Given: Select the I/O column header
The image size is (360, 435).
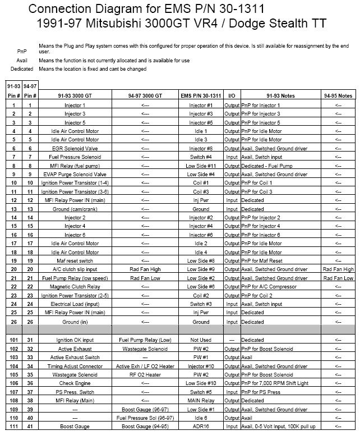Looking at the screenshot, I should click(x=232, y=96).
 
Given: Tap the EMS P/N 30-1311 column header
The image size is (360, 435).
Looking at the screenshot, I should click(x=201, y=96).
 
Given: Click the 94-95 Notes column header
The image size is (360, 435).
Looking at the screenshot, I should click(x=338, y=96).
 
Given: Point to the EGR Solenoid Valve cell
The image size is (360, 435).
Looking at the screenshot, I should click(x=75, y=148).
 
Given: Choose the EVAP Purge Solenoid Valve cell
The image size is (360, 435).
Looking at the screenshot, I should click(x=75, y=175).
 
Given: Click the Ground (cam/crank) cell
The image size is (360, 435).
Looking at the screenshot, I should click(x=75, y=209).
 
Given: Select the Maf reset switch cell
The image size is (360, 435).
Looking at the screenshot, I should click(x=75, y=261).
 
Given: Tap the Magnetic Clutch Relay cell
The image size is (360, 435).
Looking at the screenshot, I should click(x=75, y=287).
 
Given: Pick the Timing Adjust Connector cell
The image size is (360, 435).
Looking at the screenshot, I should click(x=75, y=366).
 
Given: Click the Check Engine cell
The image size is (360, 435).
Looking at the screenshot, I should click(x=75, y=383).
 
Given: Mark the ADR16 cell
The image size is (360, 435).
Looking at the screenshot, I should click(x=201, y=427).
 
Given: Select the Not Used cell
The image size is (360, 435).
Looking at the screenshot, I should click(x=201, y=340).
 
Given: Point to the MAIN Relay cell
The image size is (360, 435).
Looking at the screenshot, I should click(x=201, y=401).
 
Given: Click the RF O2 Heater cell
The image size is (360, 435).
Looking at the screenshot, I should click(x=145, y=375).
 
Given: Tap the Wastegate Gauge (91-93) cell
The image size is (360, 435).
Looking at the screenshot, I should click(x=145, y=349).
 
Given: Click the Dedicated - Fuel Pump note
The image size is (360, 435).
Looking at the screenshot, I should click(x=266, y=166).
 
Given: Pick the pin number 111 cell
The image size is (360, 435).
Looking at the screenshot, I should click(x=13, y=427).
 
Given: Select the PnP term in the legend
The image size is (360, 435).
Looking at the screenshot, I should click(x=21, y=51).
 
